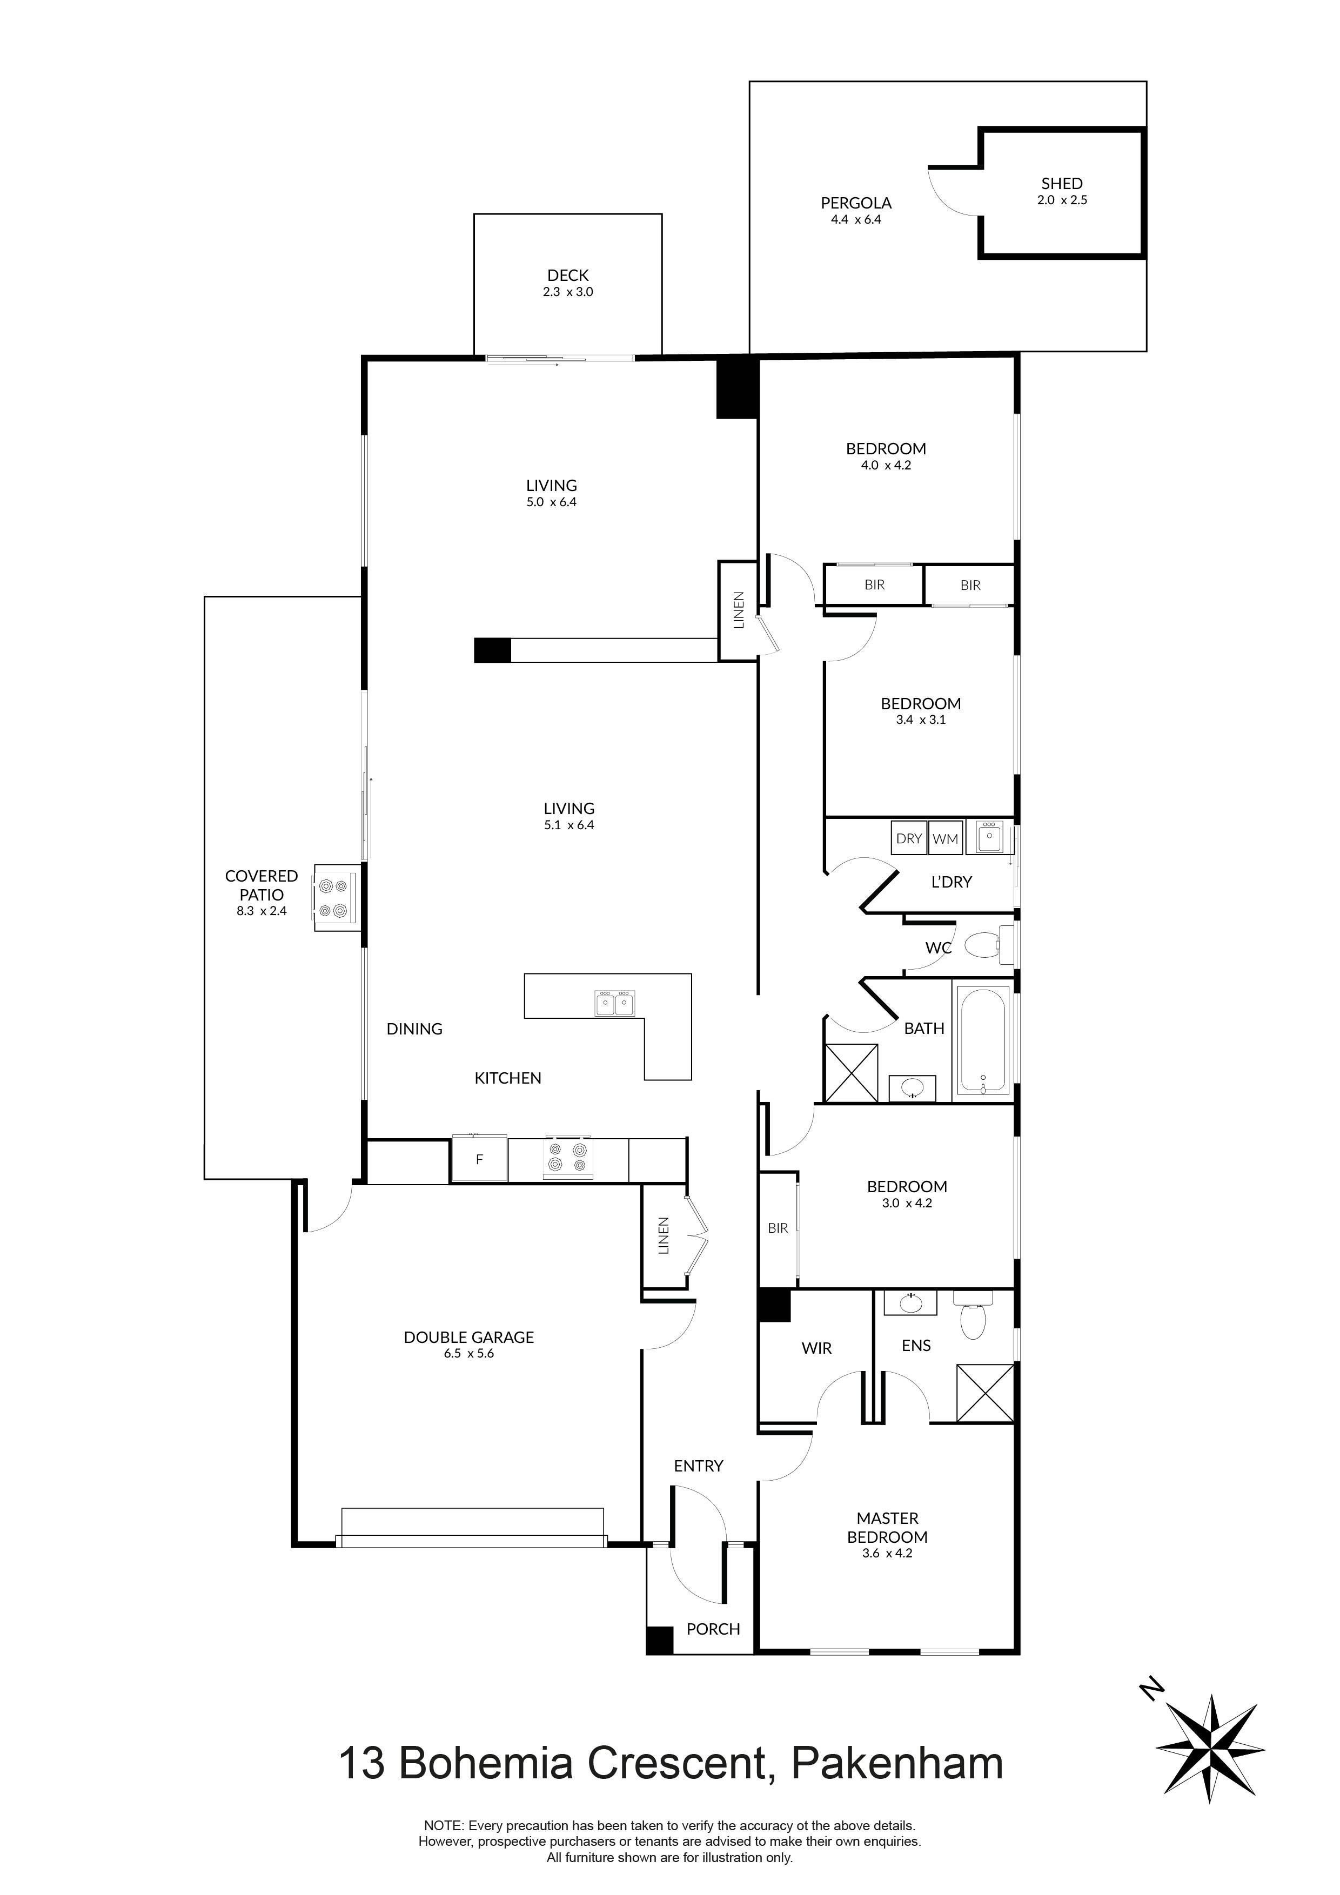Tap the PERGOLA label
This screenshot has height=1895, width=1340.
pos(856,203)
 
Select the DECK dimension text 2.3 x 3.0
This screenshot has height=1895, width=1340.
pos(568,292)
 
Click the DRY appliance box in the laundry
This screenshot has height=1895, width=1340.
pos(909,838)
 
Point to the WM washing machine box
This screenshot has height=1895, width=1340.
pos(946,838)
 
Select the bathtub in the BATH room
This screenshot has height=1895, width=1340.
pos(982,1041)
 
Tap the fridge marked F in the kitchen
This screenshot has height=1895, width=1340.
pos(479,1160)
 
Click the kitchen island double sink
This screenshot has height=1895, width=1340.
pos(614,1003)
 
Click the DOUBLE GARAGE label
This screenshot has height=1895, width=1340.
pos(469,1337)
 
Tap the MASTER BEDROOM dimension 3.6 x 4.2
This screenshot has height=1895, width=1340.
pos(888,1553)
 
